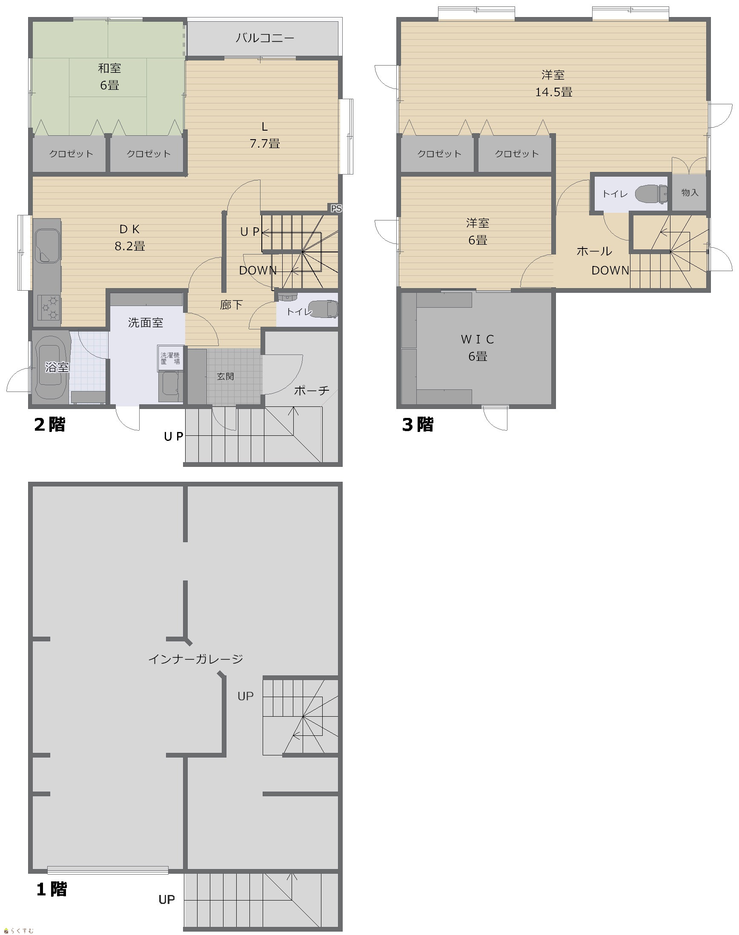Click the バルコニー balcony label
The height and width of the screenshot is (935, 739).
tap(265, 38)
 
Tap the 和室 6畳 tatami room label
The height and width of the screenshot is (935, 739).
tap(109, 77)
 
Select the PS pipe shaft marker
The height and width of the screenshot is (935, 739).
tap(336, 209)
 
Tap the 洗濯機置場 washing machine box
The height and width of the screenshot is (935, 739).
tap(170, 358)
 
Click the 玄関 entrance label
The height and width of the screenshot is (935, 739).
tap(226, 376)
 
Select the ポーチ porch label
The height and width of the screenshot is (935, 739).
tap(312, 391)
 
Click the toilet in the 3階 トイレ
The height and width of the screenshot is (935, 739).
tap(651, 193)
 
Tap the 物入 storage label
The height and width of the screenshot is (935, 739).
tap(690, 192)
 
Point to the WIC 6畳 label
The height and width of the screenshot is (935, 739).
tap(478, 348)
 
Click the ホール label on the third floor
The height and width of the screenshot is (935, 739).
tap(594, 251)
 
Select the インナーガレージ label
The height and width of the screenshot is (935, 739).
tap(195, 659)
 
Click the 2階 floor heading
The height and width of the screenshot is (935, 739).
tap(50, 424)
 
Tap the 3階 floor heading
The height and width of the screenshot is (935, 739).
tap(418, 424)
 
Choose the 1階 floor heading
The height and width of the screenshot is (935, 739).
tap(52, 889)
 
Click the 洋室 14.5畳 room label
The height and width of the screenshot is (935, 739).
tap(554, 83)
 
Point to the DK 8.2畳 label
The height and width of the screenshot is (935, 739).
tap(130, 237)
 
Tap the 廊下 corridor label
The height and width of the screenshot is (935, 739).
tap(231, 305)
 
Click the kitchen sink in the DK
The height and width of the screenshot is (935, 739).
tap(47, 245)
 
